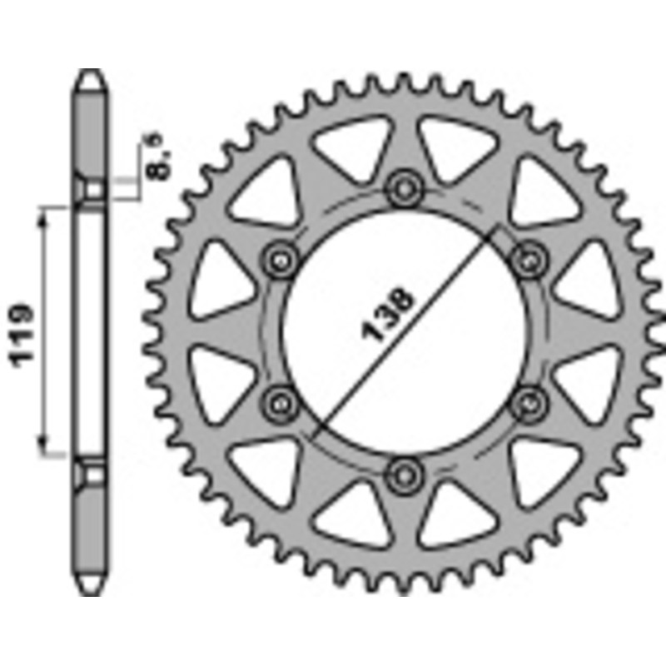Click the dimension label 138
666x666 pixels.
point(382,314)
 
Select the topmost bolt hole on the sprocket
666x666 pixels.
point(405,189)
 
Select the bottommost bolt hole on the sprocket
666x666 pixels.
point(405,474)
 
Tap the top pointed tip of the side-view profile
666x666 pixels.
point(91,73)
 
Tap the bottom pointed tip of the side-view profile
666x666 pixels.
point(91,592)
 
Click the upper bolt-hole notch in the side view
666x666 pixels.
point(91,191)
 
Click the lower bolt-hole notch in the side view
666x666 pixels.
point(91,473)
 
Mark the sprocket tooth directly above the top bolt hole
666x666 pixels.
point(405,82)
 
